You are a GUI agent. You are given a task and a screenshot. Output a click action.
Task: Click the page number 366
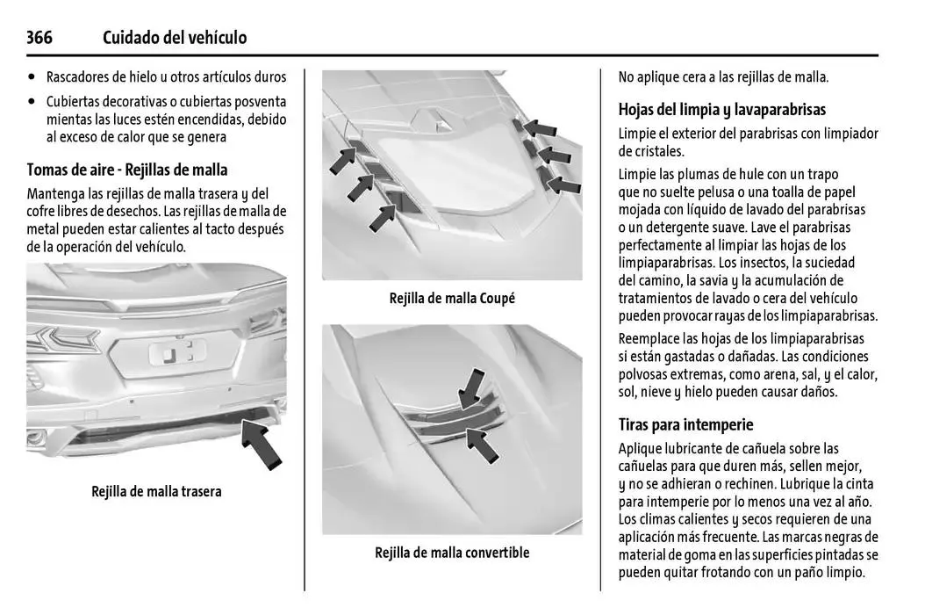[39, 37]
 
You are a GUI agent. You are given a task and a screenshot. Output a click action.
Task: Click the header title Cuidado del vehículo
[175, 37]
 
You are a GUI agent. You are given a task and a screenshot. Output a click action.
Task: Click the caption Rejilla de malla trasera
[156, 491]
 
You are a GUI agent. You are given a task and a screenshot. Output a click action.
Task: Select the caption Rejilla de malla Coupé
[452, 298]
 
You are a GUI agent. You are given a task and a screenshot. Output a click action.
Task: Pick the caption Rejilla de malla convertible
[452, 553]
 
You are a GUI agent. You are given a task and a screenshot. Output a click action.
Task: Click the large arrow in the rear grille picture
[262, 445]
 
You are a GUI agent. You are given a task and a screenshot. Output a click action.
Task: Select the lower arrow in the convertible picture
[482, 445]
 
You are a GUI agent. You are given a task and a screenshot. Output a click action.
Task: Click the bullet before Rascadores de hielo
[32, 77]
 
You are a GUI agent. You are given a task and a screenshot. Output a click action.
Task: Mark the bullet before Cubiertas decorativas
[32, 102]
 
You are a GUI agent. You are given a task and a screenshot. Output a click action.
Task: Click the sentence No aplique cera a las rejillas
[723, 77]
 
